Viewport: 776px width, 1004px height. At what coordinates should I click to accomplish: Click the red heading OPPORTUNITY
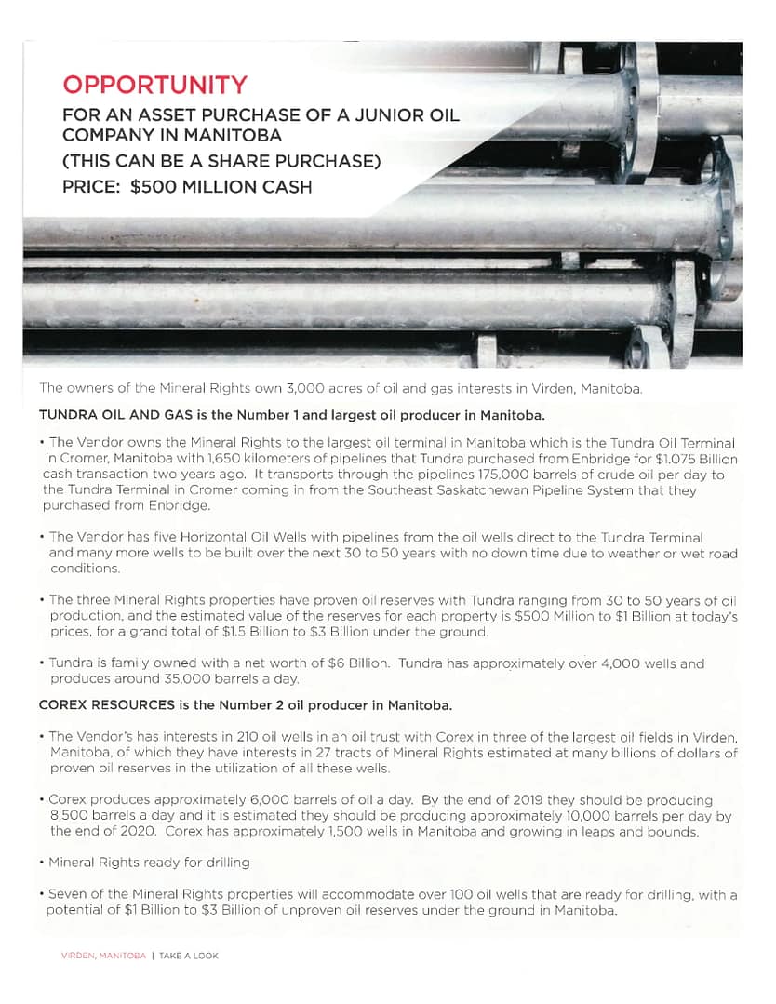click(154, 86)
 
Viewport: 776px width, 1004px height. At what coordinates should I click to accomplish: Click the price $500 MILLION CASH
click(221, 186)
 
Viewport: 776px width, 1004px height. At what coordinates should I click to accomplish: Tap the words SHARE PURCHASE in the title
click(301, 162)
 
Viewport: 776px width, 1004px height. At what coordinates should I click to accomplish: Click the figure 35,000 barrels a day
click(232, 679)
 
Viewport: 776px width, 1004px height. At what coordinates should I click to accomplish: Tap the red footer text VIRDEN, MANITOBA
click(103, 956)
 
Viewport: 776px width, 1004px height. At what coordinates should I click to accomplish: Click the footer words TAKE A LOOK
click(189, 956)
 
